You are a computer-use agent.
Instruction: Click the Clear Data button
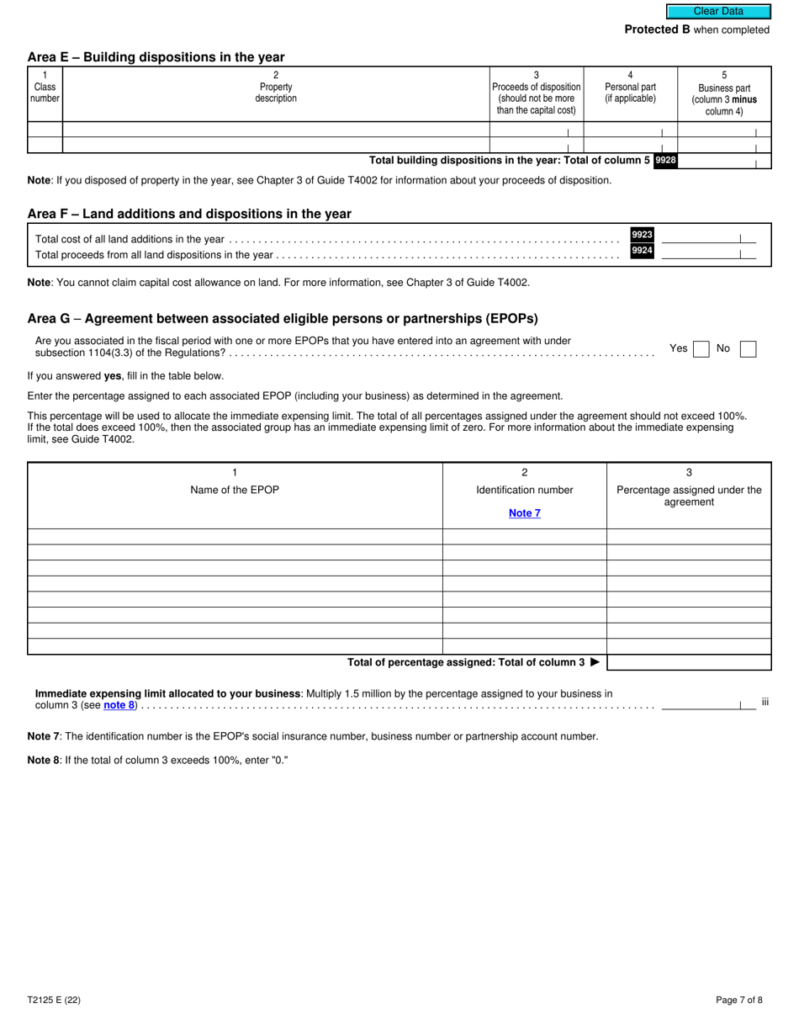click(x=718, y=12)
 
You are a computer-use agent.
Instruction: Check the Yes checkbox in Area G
click(x=701, y=348)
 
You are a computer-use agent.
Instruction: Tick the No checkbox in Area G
click(x=748, y=348)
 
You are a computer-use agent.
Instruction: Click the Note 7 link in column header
click(x=525, y=513)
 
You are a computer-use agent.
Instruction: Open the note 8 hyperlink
click(x=119, y=705)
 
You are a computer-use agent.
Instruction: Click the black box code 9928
click(x=665, y=160)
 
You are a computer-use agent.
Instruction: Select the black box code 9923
click(x=642, y=235)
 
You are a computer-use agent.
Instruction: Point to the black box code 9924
click(x=642, y=250)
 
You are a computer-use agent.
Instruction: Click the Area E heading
click(x=156, y=57)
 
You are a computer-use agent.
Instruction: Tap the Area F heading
click(x=189, y=214)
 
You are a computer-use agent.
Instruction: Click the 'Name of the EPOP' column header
click(x=235, y=490)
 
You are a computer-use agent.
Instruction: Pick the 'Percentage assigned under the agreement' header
click(x=689, y=496)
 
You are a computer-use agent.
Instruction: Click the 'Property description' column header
click(x=276, y=93)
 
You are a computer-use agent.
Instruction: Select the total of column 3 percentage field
click(x=689, y=662)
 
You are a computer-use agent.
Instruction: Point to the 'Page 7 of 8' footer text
click(x=739, y=1000)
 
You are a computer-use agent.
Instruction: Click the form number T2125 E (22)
click(x=54, y=1000)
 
